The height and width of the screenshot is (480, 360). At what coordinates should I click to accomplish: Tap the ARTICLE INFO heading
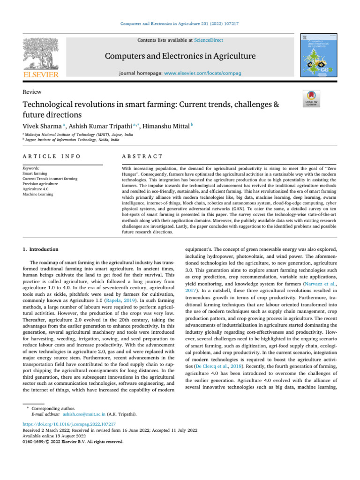click(51, 156)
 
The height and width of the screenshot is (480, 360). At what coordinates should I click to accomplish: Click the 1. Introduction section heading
click(41, 249)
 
